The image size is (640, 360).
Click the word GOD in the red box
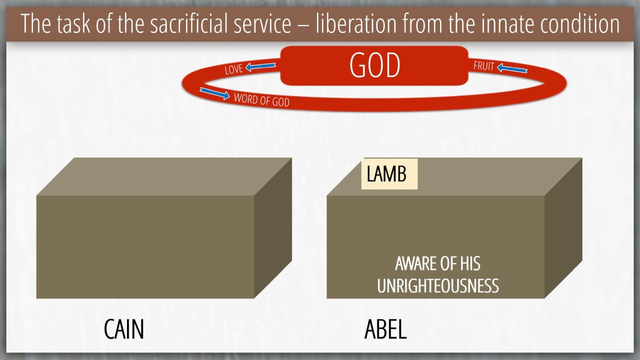[374, 65]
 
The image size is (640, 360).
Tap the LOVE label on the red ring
[233, 69]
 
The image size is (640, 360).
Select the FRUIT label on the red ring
[483, 66]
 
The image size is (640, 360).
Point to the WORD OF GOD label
[261, 99]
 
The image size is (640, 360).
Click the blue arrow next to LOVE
[260, 67]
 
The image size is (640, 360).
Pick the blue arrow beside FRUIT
[512, 68]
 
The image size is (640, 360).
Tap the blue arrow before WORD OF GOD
[214, 93]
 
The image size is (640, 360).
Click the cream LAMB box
[389, 174]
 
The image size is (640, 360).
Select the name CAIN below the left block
[123, 329]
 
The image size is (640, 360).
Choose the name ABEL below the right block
[385, 329]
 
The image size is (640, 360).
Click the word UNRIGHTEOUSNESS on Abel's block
[437, 285]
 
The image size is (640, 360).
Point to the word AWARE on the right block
[416, 263]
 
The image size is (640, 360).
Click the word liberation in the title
[356, 23]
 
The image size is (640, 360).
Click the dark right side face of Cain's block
[273, 228]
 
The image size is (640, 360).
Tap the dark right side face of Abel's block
[563, 228]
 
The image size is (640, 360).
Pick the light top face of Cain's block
[164, 176]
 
